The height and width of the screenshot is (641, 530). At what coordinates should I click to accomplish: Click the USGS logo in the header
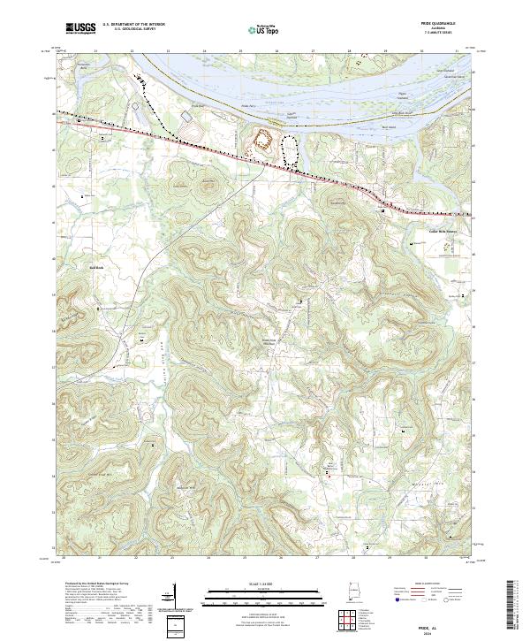click(80, 27)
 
